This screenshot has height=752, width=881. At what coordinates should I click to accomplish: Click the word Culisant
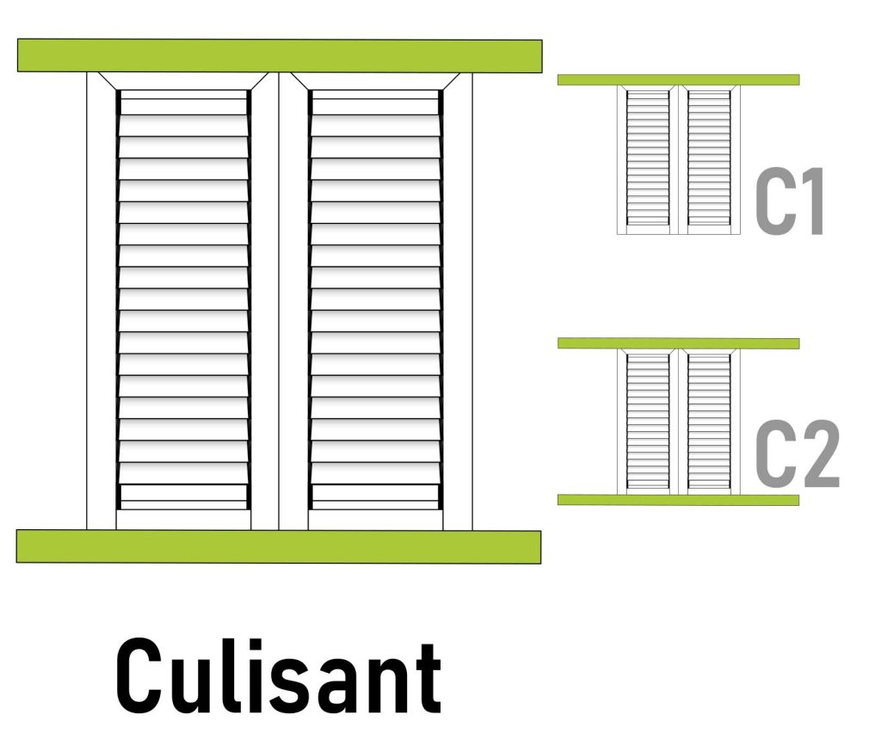(x=279, y=675)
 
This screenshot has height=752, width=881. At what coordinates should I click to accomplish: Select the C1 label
(x=790, y=200)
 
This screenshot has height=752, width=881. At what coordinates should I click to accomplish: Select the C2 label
(x=798, y=453)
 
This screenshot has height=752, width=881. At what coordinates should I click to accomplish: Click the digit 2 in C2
(x=820, y=453)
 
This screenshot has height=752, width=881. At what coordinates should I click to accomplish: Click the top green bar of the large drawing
(x=280, y=56)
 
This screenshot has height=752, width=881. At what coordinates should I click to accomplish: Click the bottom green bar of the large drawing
(x=279, y=547)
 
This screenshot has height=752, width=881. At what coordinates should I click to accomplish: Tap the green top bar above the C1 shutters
(x=678, y=80)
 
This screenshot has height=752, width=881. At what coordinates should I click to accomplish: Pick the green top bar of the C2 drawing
(x=678, y=343)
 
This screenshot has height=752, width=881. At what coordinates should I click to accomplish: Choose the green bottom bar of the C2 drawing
(x=678, y=500)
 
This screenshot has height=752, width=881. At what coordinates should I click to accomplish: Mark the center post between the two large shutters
(x=280, y=301)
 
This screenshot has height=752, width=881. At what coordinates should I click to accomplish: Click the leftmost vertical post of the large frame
(x=102, y=301)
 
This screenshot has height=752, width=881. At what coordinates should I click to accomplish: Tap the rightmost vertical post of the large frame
(x=458, y=301)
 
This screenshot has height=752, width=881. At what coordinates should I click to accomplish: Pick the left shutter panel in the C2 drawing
(x=648, y=421)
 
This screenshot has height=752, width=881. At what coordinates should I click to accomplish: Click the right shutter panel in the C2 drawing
(x=709, y=421)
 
